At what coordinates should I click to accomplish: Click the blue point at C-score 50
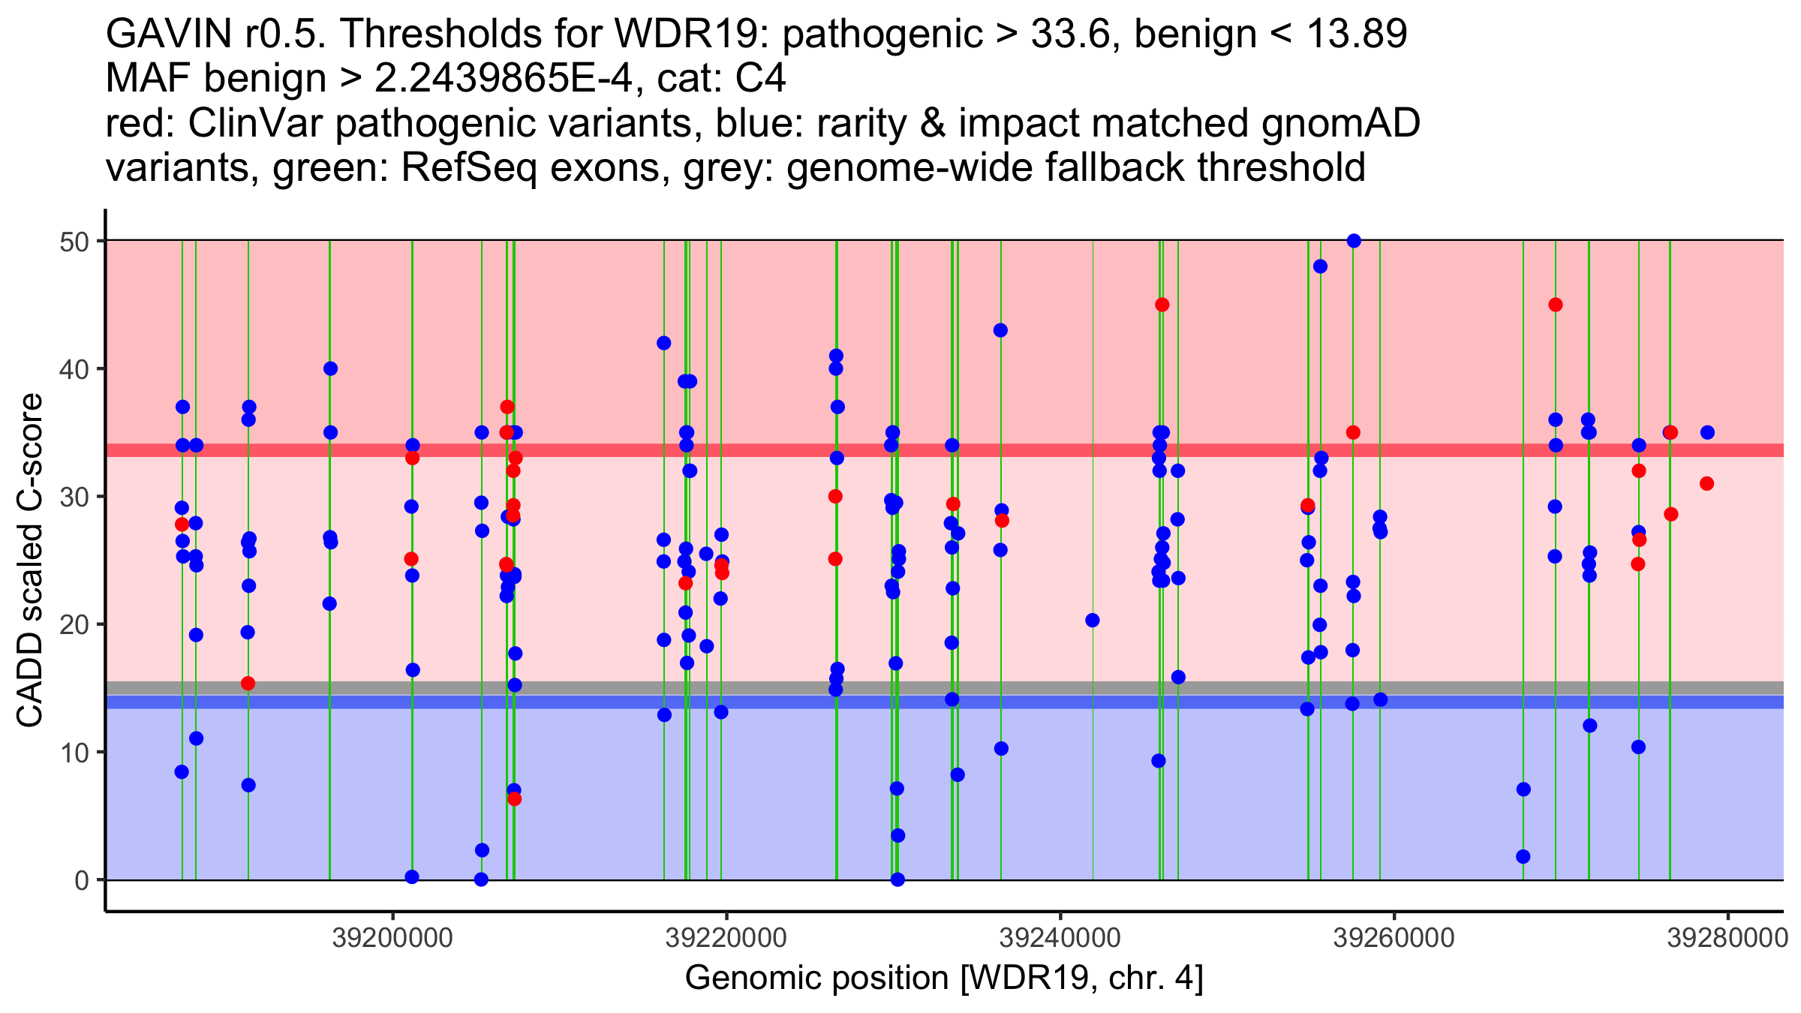click(x=1354, y=241)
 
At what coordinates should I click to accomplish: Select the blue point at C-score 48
click(x=1320, y=266)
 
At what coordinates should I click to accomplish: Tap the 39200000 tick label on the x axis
click(x=392, y=938)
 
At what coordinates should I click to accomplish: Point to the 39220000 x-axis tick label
click(x=726, y=938)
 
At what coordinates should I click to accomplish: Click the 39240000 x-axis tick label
click(x=1060, y=938)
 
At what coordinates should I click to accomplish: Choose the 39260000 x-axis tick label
click(x=1394, y=938)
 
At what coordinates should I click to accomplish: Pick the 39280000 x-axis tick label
click(x=1727, y=938)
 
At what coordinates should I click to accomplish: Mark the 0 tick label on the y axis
click(x=81, y=880)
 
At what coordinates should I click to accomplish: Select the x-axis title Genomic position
click(x=943, y=978)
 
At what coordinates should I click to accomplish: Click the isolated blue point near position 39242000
click(x=1093, y=621)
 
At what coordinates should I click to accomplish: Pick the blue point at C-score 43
click(x=1000, y=330)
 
